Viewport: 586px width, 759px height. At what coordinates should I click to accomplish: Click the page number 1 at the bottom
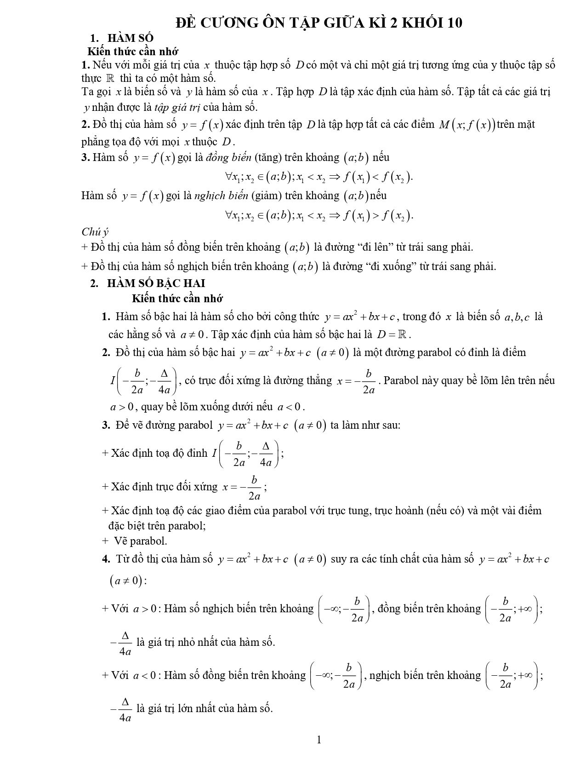[x=319, y=740]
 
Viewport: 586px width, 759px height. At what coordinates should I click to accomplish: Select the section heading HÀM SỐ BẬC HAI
[x=156, y=283]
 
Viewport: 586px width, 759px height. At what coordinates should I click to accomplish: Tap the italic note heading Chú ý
[x=95, y=232]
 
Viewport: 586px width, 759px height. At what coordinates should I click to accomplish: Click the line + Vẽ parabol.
[x=135, y=541]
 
